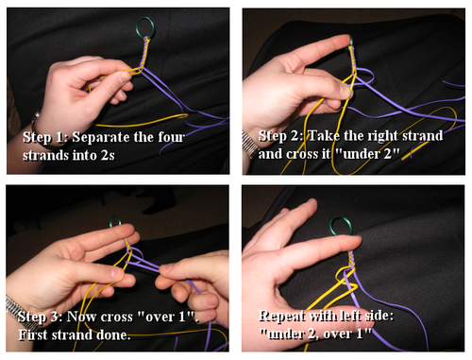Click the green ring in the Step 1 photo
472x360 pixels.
137,27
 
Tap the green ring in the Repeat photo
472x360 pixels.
331,226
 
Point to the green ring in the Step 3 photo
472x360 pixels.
111,222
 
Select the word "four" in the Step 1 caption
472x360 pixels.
172,137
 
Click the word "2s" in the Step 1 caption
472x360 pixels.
108,155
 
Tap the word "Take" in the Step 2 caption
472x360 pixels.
324,136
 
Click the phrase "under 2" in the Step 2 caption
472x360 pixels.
367,154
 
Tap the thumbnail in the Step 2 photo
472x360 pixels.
346,91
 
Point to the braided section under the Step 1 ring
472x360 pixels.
143,53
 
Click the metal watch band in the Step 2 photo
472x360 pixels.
248,145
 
